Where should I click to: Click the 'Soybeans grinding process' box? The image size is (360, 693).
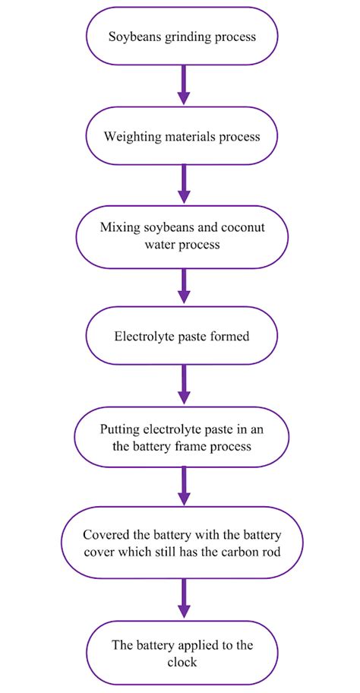182,36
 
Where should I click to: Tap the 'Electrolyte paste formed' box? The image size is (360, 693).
182,335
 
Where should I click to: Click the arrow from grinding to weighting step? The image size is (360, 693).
182,85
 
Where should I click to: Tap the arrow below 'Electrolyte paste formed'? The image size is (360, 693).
182,385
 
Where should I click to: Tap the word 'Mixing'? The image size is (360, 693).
118,228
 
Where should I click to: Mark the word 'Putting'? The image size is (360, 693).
120,429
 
